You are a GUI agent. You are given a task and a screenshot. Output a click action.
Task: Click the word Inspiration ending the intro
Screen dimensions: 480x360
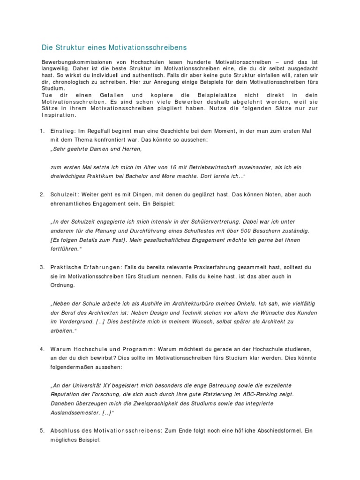(x=59, y=115)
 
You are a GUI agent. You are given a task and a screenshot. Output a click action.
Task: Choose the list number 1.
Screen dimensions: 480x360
(x=42, y=130)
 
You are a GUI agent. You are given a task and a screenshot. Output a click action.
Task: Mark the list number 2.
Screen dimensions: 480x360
(x=42, y=194)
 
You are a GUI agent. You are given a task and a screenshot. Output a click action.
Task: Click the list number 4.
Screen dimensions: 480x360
(x=42, y=349)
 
